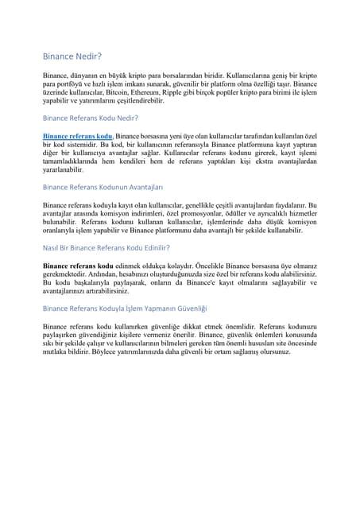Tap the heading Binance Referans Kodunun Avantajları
coord(103,187)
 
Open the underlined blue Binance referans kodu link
coord(79,137)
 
